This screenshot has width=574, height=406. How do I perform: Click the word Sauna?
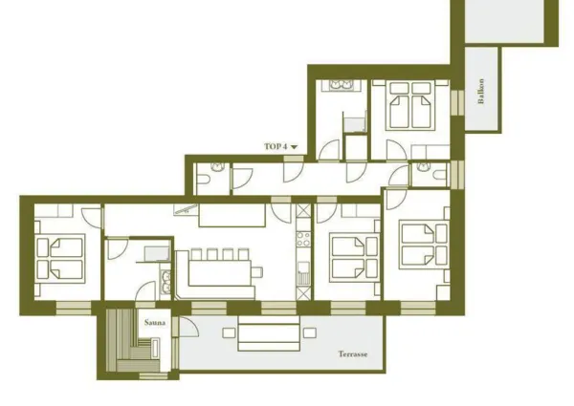tap(155, 323)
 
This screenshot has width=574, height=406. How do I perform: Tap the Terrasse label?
tap(352, 353)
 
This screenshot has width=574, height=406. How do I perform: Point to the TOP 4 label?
tap(276, 146)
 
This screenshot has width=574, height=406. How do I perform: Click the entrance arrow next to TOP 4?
tap(294, 146)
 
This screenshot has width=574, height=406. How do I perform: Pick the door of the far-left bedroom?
tap(91, 214)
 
